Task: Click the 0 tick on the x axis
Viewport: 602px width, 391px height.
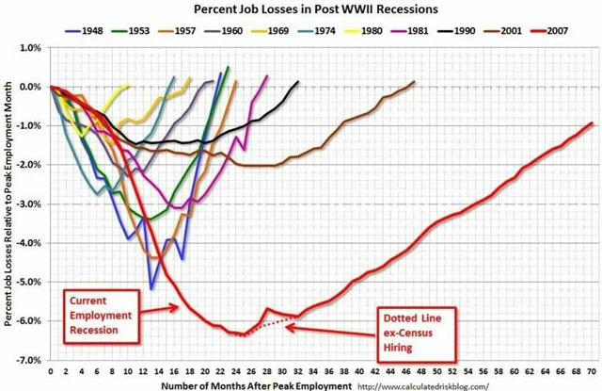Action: pos(50,371)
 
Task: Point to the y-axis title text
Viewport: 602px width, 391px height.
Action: pos(8,203)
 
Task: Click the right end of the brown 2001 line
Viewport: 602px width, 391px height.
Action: pos(414,81)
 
